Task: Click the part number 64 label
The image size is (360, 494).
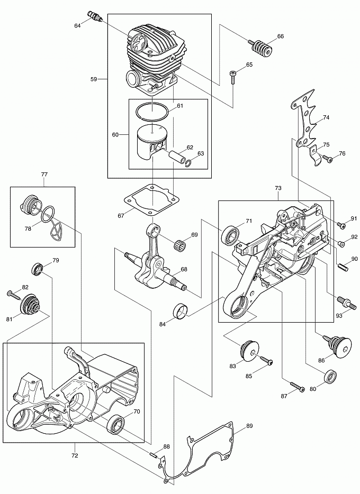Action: pos(77,25)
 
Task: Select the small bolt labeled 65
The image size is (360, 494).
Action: pos(233,77)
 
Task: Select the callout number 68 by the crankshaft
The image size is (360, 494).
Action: pos(183,269)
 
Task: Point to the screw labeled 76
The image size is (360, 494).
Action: pos(328,158)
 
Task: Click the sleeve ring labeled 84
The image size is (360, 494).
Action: pos(181,312)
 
